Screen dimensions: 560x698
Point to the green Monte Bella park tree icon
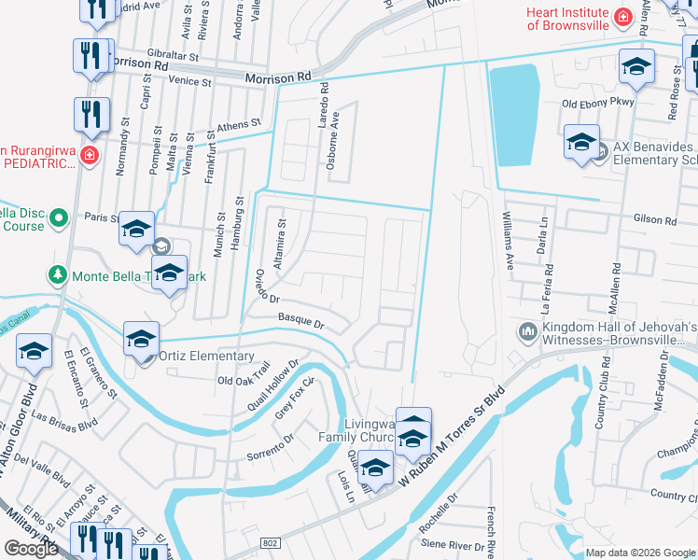click(57, 274)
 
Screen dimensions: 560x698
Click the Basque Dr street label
click(300, 321)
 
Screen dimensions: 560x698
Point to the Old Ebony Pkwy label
click(597, 103)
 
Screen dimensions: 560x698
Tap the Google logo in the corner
click(31, 549)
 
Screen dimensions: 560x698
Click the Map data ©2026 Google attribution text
click(639, 553)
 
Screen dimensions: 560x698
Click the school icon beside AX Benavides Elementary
click(581, 143)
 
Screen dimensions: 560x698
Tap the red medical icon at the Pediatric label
click(89, 155)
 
